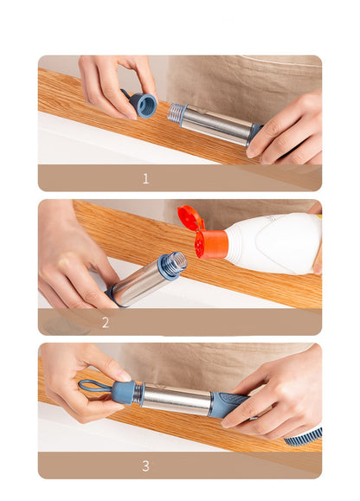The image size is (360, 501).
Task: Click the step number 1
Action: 145,179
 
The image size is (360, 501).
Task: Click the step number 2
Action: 106,323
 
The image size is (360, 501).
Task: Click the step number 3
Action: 145,466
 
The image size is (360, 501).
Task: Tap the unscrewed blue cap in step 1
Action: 143,105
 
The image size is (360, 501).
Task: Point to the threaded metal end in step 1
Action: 177,113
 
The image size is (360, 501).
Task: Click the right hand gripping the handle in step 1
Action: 286,130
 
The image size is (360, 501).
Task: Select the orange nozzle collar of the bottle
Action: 210,245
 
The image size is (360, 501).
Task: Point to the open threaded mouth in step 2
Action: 174,263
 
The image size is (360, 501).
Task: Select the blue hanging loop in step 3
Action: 93,386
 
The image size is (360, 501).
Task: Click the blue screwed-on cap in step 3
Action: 123,393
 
